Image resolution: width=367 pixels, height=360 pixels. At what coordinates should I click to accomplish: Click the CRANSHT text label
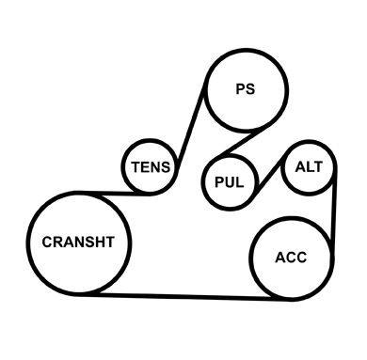[x=78, y=242]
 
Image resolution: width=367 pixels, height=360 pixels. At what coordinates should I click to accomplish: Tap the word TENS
[x=151, y=167]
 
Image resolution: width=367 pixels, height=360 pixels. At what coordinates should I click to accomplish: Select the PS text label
[x=246, y=88]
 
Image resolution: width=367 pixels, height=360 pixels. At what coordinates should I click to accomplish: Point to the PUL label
[x=230, y=181]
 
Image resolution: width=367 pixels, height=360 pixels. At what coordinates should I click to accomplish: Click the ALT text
[x=309, y=166]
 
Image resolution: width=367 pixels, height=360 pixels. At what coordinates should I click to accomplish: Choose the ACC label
[x=291, y=258]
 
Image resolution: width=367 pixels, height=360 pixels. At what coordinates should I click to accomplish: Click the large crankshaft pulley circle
[x=26, y=243]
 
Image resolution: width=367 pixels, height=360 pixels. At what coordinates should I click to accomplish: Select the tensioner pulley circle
[x=121, y=167]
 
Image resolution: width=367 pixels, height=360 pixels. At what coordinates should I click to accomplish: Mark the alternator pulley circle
[x=281, y=167]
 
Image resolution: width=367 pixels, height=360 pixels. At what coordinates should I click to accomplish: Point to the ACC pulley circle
[x=249, y=258]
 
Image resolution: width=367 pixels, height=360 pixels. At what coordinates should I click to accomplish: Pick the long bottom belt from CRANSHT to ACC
[x=185, y=297]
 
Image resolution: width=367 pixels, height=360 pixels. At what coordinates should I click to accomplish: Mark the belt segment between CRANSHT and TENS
[x=113, y=193]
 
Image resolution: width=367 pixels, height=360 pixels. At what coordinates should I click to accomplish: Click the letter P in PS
[x=241, y=88]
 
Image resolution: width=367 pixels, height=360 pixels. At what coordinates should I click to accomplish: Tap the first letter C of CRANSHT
[x=47, y=242]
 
